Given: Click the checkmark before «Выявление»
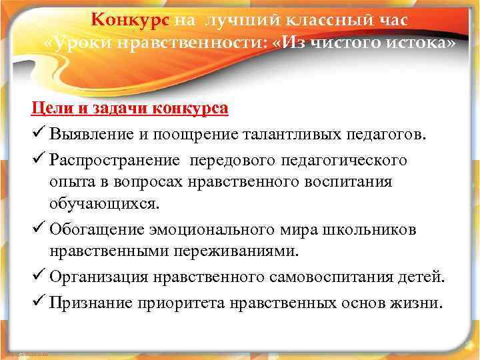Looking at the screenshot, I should coord(37,137).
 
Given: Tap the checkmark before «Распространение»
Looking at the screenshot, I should coord(37,161).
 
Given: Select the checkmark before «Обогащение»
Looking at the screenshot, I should coord(37,230).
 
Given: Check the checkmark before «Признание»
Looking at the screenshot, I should coord(37,302).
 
